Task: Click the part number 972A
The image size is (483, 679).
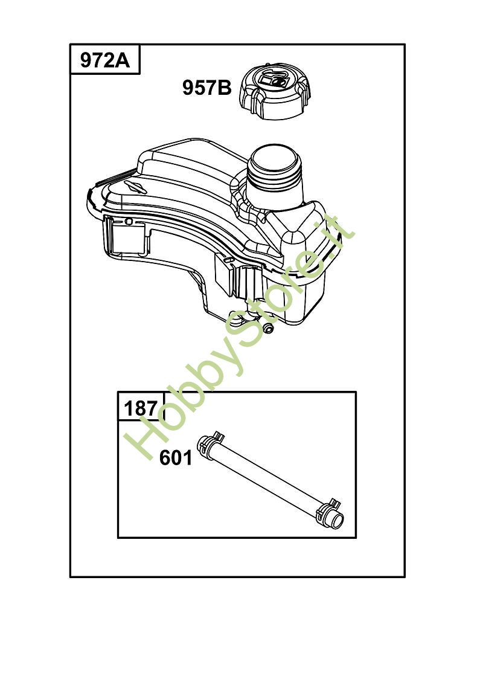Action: (x=104, y=60)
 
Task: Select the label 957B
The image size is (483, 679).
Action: (x=207, y=88)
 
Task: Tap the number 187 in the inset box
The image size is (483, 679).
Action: (x=141, y=408)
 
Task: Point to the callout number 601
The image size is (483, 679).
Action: (x=175, y=458)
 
